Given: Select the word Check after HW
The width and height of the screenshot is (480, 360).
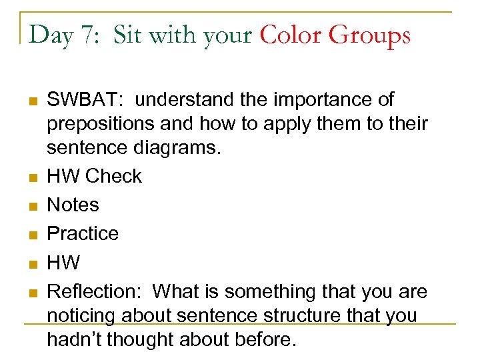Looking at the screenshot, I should pyautogui.click(x=113, y=176).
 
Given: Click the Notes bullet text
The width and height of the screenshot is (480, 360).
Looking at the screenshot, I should pyautogui.click(x=73, y=205).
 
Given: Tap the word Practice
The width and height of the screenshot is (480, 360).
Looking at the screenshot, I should pyautogui.click(x=83, y=233).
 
